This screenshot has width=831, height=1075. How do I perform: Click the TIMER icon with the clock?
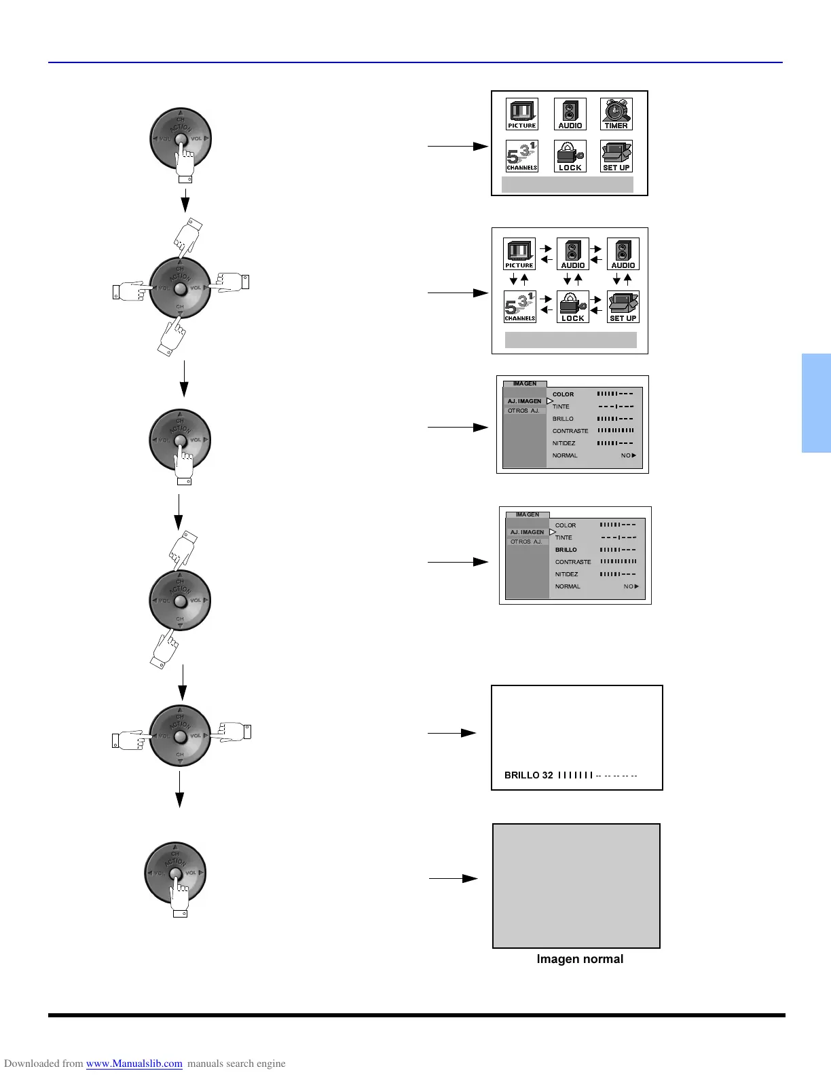click(x=616, y=114)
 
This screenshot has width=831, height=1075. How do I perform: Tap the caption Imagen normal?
click(x=580, y=959)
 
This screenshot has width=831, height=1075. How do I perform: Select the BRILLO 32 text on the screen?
click(x=528, y=775)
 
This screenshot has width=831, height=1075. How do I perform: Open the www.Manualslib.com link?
click(x=134, y=1063)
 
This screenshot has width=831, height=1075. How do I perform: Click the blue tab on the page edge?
click(x=816, y=403)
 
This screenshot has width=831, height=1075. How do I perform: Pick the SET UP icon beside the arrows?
click(x=623, y=307)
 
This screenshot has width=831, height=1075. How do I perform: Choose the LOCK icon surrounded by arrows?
click(x=572, y=307)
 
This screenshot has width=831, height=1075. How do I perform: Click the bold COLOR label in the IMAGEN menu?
click(x=563, y=394)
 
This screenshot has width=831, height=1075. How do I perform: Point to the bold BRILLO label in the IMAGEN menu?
click(x=566, y=550)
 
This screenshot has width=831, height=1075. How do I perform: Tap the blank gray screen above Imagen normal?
click(x=576, y=886)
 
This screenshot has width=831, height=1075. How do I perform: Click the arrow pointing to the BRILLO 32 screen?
click(x=451, y=733)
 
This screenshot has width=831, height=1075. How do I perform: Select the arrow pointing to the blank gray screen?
click(x=453, y=878)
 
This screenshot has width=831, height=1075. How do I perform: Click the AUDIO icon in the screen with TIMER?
click(x=570, y=114)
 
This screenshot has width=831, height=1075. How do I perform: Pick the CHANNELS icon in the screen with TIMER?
click(x=521, y=156)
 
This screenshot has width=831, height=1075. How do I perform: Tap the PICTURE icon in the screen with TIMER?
click(x=521, y=114)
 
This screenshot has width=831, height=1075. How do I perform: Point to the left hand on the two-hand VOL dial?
click(x=129, y=740)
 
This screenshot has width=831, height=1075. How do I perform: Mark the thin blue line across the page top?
click(x=415, y=62)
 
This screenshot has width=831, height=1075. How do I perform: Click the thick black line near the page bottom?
click(x=416, y=1015)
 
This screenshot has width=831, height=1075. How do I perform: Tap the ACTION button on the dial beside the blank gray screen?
click(x=175, y=873)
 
